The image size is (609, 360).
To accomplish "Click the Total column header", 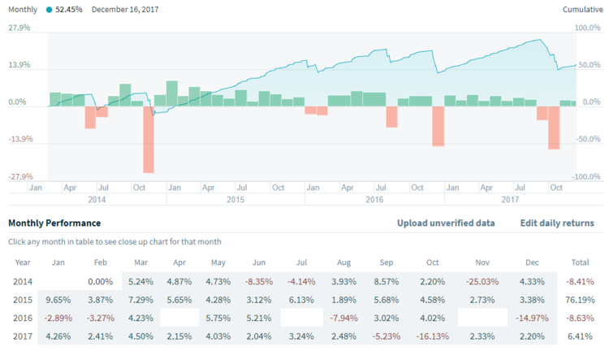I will point(580,262).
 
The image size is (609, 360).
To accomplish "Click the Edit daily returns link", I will point(557,223).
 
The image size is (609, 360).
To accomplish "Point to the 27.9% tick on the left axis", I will point(19,28).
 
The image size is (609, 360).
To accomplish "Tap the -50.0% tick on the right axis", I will point(588,139).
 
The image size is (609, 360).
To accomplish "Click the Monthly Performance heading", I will point(54,223).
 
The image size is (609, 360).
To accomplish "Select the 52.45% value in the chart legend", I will point(69,10).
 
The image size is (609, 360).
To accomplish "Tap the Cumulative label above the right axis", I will point(582,10).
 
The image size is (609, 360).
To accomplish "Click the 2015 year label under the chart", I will point(235,199).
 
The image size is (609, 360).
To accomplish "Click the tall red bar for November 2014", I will point(149,139).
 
